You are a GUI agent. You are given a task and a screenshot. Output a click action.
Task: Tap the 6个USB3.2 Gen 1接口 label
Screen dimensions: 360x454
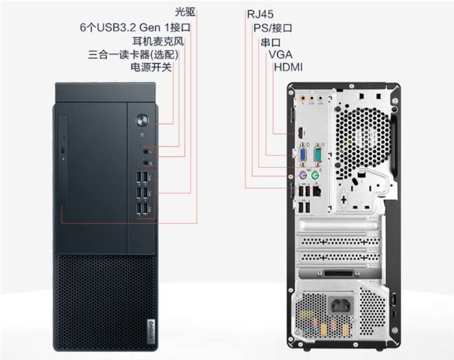coord(135,27)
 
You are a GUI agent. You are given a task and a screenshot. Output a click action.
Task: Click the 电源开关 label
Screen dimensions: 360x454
coord(151,67)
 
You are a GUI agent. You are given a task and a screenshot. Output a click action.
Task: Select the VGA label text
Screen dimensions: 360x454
coord(280,54)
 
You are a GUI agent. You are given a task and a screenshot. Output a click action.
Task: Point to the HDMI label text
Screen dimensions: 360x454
coord(288,67)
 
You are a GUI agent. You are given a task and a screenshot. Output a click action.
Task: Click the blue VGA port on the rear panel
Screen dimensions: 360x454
coord(302,154)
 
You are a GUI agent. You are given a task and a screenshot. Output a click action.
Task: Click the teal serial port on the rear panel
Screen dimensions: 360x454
coord(317,154)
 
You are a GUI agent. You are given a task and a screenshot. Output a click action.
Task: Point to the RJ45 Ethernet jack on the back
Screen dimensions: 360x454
coord(316,191)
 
